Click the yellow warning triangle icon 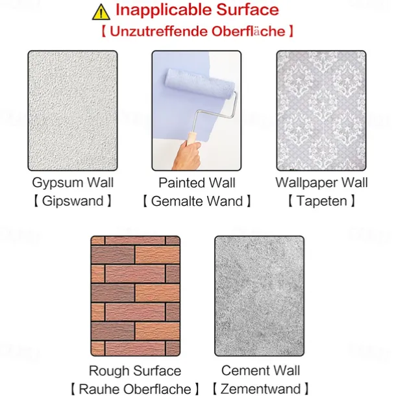point(101,12)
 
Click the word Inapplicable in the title point(164,10)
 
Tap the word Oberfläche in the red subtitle point(248,31)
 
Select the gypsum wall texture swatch point(73,110)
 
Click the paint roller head point(199,85)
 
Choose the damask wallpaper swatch point(321,110)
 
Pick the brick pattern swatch point(136,296)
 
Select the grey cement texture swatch point(260,296)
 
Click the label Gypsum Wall point(73,182)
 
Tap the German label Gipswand point(73,201)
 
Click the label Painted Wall point(197,182)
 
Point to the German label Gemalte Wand point(197,201)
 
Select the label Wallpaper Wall point(321,182)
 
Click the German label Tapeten point(321,201)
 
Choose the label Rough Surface point(135,371)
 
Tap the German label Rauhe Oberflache point(135,389)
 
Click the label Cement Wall point(260,371)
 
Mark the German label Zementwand point(260,389)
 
